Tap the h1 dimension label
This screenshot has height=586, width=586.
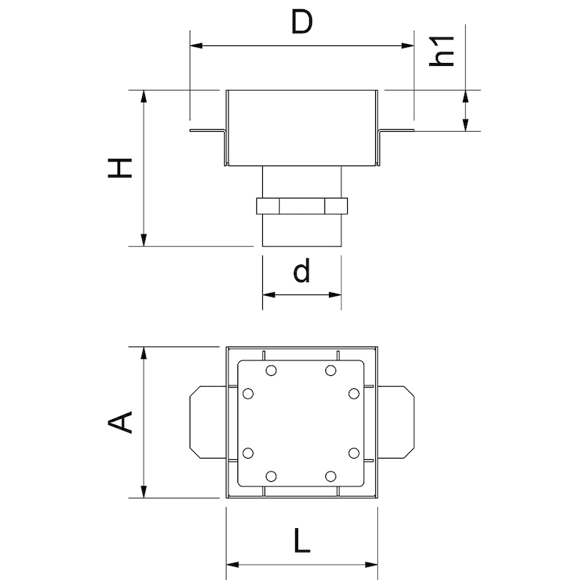(x=444, y=50)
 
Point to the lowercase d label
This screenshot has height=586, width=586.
(x=301, y=272)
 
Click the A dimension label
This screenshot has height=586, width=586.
(x=119, y=423)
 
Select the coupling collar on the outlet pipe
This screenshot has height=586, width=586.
(x=301, y=205)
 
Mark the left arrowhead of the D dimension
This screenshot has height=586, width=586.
(x=195, y=45)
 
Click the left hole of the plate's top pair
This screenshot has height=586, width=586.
(x=271, y=370)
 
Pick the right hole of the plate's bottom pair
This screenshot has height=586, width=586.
(x=331, y=476)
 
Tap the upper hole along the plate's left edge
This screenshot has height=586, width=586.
(x=248, y=394)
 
